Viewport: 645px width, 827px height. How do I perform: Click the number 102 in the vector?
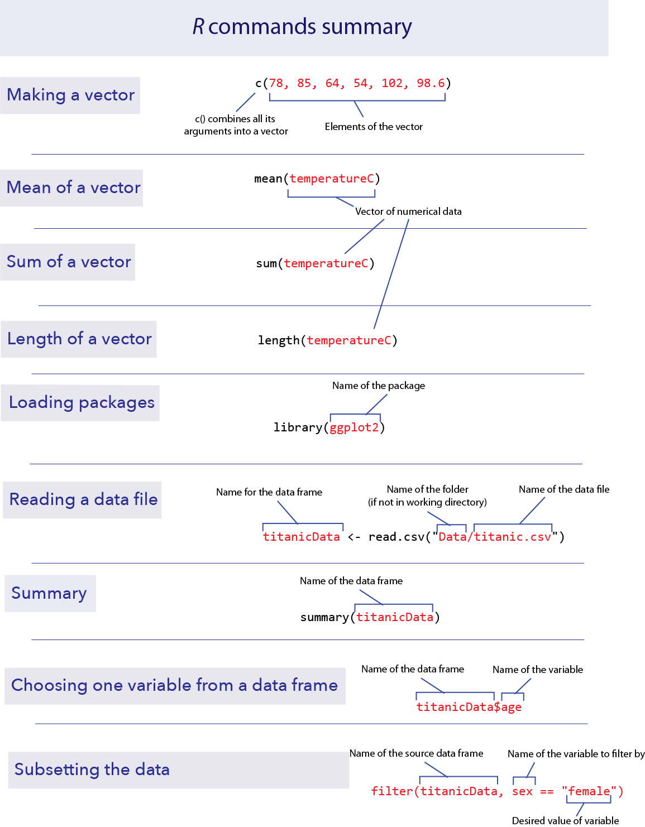coord(392,83)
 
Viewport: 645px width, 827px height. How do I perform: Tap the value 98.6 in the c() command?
coord(431,83)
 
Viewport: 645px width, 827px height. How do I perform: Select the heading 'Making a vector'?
coord(71,95)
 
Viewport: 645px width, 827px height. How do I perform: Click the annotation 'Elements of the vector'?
coord(374,126)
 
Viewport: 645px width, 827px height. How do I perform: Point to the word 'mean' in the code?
coord(268,179)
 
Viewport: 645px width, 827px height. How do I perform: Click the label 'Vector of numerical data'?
coord(408,211)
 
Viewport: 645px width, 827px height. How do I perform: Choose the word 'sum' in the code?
coord(266,263)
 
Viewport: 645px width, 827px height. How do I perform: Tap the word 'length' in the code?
coord(279,340)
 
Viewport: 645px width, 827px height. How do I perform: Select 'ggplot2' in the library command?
coord(354,427)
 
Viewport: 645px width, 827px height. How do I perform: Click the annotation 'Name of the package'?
coord(379,386)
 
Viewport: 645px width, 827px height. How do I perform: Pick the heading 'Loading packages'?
coord(82,402)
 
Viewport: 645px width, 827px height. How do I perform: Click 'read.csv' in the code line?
coord(396,537)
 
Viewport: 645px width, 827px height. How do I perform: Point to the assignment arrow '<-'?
coord(353,537)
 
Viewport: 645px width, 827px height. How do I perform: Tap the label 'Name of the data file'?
coord(564,489)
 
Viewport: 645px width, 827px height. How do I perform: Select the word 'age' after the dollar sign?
coord(511,707)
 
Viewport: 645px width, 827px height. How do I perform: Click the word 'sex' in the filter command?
coord(522,791)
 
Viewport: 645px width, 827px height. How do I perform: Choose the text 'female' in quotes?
coord(589,791)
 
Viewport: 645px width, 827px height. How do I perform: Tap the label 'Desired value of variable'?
coord(565,820)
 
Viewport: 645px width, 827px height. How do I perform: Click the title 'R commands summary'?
coord(302,27)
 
